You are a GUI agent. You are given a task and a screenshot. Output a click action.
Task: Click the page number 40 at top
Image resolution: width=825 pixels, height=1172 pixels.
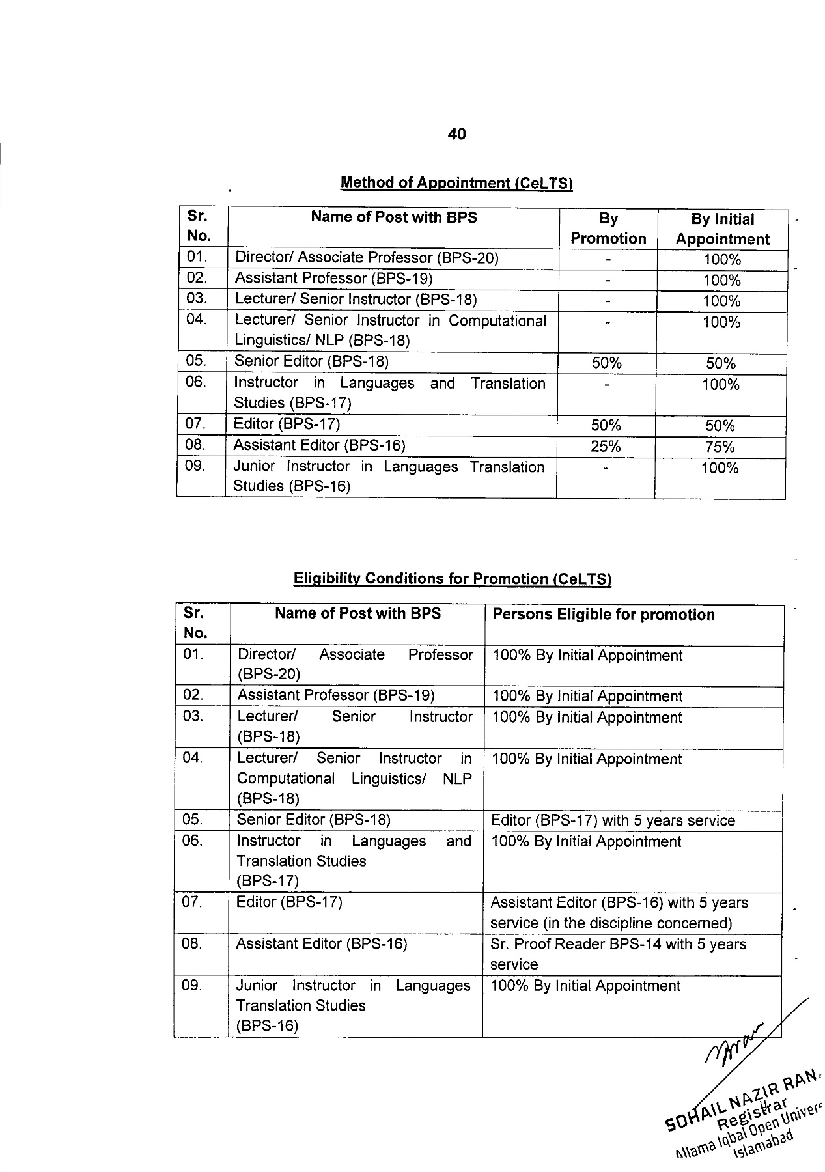pos(456,134)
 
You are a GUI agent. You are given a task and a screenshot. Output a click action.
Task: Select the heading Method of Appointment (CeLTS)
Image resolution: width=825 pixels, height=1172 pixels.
pos(456,183)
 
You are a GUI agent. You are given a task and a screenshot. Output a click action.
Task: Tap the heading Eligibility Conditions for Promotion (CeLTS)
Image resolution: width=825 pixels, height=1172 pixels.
pos(452,579)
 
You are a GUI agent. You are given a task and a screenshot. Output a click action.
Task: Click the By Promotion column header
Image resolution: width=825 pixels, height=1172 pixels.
pos(608,229)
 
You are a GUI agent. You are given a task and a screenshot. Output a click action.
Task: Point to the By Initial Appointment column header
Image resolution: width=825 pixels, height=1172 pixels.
pos(722,229)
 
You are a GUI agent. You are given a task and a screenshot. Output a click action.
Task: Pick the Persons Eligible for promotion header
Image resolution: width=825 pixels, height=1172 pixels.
pos(604,615)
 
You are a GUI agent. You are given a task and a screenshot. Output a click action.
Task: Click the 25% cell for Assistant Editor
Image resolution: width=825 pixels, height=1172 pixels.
pos(606,447)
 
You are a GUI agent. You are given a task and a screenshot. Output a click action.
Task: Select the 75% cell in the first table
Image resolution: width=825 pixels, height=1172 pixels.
pos(720,447)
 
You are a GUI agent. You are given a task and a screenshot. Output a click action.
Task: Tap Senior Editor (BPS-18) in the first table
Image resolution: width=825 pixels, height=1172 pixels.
pos(311,361)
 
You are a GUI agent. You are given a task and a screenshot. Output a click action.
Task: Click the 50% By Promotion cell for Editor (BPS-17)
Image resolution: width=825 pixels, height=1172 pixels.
pos(606,426)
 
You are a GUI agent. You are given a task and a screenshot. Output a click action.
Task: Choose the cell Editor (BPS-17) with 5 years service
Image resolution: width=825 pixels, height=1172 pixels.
pos(613,820)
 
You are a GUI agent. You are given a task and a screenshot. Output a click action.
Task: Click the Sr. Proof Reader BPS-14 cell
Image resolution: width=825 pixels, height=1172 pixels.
pos(618,954)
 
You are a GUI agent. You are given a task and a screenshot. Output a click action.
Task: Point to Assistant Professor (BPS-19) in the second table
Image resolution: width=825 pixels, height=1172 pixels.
pos(336,695)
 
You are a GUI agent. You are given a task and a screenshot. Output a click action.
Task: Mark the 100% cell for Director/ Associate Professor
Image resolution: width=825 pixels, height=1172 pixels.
pos(722,260)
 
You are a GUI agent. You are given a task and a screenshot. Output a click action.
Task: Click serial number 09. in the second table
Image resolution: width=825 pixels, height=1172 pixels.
pos(192,986)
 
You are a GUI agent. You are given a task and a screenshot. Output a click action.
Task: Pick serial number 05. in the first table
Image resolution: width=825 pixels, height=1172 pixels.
pos(195,361)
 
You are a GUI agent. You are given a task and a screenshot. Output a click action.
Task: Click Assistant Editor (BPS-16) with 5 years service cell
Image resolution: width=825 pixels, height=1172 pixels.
pos(619,913)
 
